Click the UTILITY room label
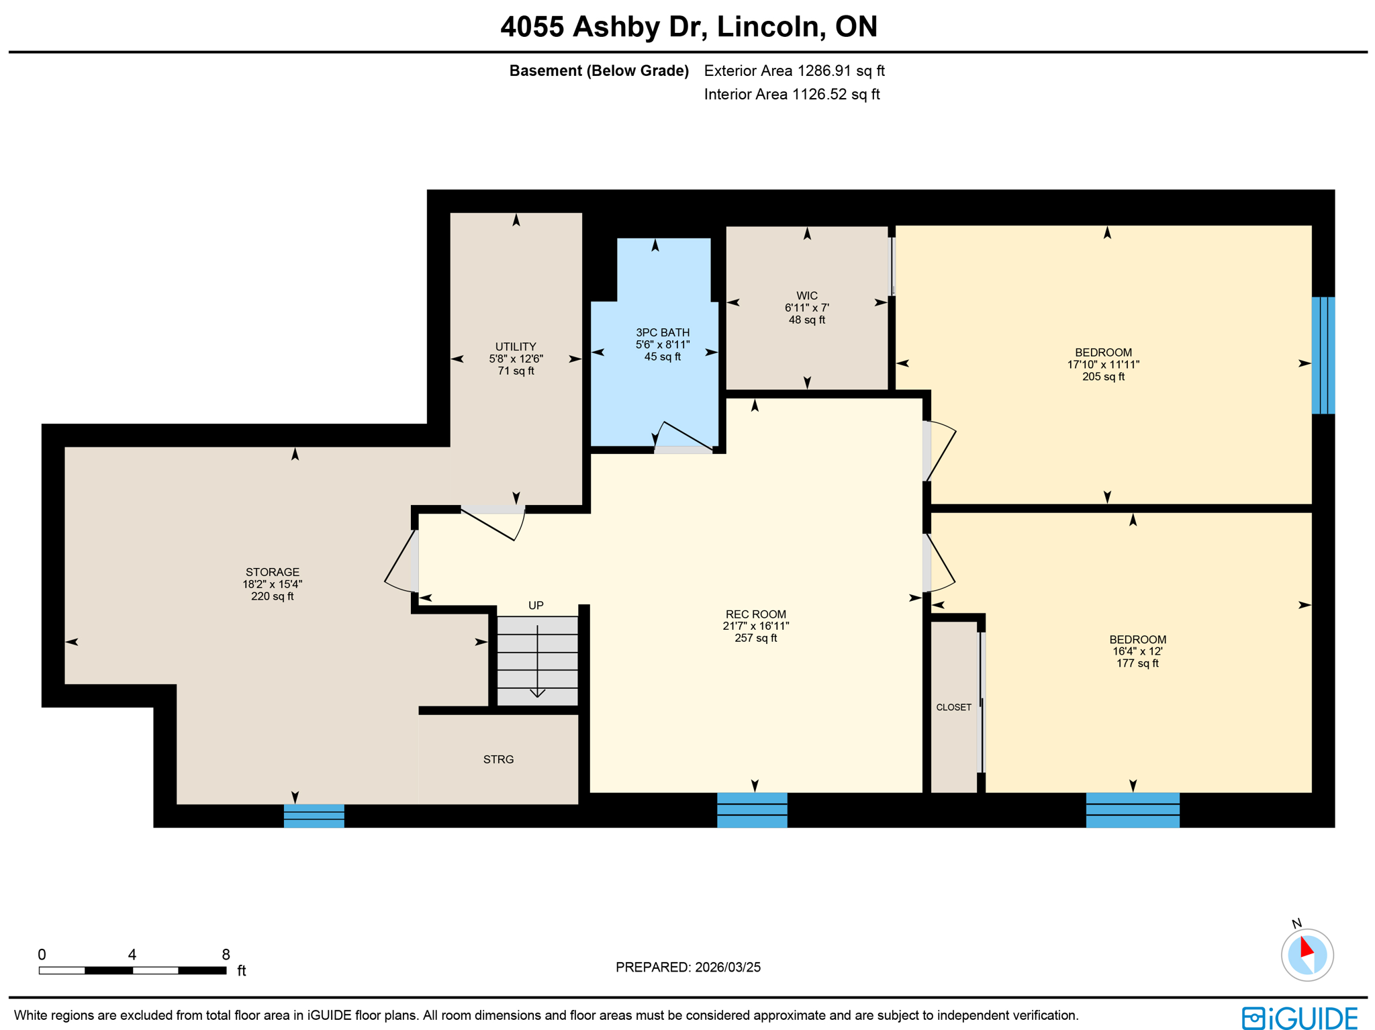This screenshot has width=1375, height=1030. [515, 347]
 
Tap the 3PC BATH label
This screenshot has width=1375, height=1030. [662, 332]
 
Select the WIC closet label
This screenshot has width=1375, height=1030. [806, 296]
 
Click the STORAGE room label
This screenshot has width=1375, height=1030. [272, 572]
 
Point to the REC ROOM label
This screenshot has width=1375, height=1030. [755, 614]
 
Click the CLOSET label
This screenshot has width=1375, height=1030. [953, 707]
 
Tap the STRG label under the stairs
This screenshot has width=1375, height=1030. [498, 759]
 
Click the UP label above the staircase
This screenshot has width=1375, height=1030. [535, 606]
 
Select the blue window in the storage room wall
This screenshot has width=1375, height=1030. [314, 815]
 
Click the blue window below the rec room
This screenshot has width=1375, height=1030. [751, 810]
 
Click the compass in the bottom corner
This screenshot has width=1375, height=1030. [1306, 954]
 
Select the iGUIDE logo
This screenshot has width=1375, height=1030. [1298, 1017]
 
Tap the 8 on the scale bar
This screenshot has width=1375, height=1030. [226, 954]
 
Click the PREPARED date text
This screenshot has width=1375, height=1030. [687, 967]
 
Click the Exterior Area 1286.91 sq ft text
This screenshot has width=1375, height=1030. [794, 71]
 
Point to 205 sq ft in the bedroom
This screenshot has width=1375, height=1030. [1102, 377]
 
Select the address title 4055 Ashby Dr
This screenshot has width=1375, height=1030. [688, 27]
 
